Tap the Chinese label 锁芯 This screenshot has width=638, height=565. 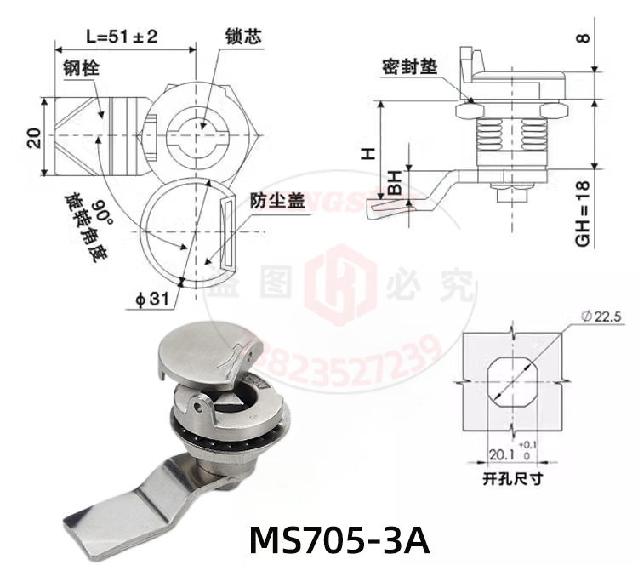(242, 37)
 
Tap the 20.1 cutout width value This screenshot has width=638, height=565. (501, 454)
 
